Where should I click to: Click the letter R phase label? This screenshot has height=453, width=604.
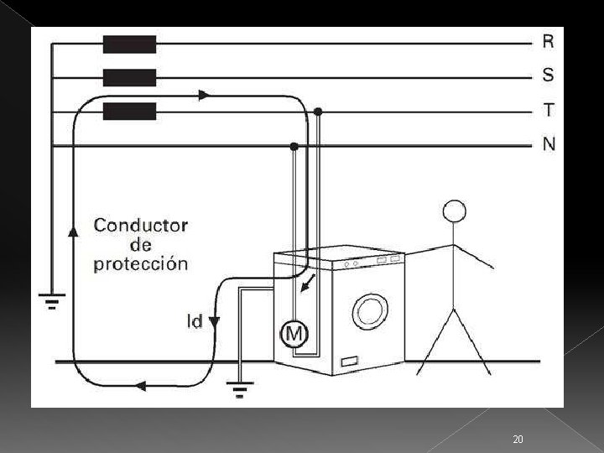pos(548,40)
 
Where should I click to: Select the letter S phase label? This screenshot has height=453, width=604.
pos(548,75)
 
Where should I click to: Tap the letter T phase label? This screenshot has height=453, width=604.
pos(548,110)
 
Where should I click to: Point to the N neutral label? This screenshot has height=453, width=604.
pos(549,144)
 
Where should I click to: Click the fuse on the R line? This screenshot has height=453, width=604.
pos(129,44)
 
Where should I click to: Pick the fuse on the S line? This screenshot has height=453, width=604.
pos(129,78)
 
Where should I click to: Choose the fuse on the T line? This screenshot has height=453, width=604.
pos(129,112)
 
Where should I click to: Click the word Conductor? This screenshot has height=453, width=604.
pos(141,225)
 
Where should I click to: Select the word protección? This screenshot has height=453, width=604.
pos(140,264)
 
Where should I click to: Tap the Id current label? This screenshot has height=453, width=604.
pos(194,320)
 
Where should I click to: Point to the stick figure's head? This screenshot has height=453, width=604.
pos(455,211)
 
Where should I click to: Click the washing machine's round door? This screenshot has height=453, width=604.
pos(368,310)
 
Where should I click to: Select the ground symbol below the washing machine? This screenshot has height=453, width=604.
pos(241,387)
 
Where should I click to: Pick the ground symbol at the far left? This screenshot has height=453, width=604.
pos(52,299)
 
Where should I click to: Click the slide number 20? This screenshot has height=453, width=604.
pos(518,440)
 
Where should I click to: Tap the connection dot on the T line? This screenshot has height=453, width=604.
pos(318,112)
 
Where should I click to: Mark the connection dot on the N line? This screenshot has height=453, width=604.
pos(294,146)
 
